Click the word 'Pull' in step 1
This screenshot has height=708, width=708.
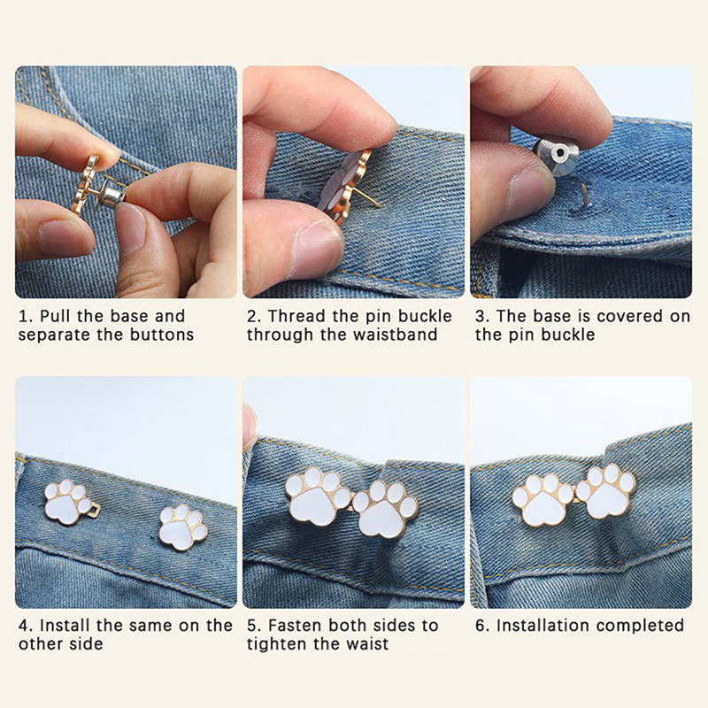click(56, 316)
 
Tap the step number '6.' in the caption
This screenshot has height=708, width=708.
click(481, 626)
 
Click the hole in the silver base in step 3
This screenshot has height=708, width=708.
click(560, 153)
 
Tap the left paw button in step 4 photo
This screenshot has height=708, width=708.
click(69, 502)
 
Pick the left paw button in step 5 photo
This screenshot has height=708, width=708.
click(319, 496)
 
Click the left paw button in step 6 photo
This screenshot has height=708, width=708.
click(543, 499)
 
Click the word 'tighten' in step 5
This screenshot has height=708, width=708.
click(277, 643)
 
